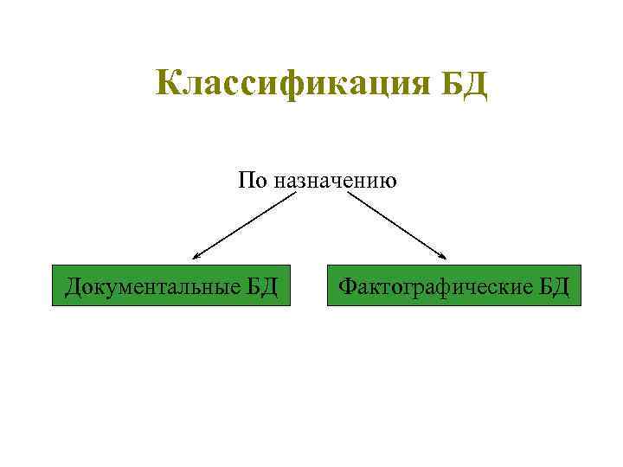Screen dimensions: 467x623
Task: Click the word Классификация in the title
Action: pos(294,84)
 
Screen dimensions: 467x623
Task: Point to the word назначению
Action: pos(335,182)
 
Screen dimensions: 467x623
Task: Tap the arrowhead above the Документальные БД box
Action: pos(196,257)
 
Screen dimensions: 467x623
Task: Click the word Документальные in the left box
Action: pos(148,285)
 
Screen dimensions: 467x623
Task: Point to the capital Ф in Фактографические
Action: pos(346,285)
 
